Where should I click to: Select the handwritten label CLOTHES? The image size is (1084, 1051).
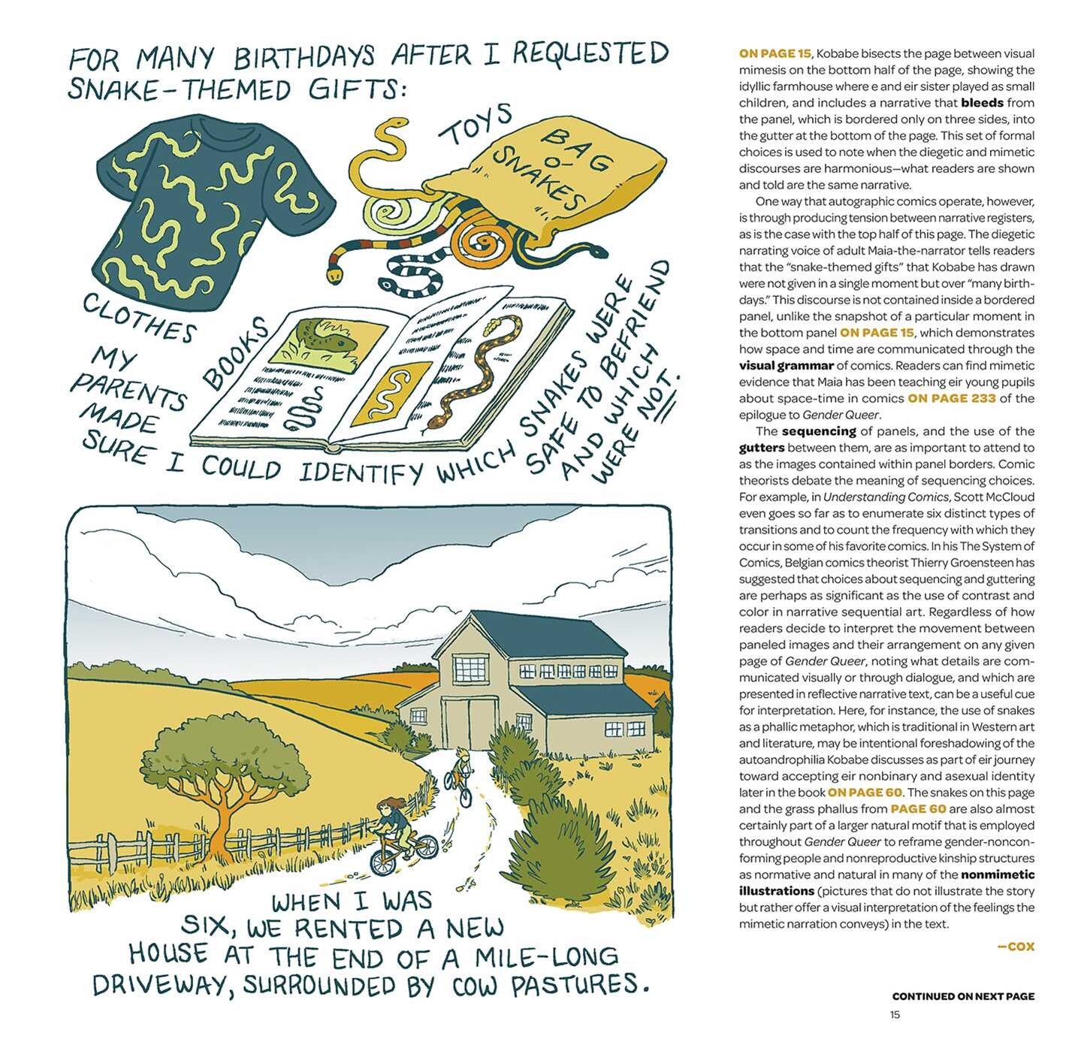click(139, 318)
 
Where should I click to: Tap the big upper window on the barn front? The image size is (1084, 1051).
click(471, 669)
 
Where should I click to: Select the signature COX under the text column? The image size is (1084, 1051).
click(1016, 947)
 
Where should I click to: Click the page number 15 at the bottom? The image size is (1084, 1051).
click(895, 1014)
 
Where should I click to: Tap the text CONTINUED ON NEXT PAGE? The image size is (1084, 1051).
click(963, 996)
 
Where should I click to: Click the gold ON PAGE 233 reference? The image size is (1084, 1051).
click(952, 398)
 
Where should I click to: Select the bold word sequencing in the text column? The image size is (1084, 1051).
click(819, 431)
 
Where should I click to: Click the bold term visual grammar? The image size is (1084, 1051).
click(786, 366)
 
